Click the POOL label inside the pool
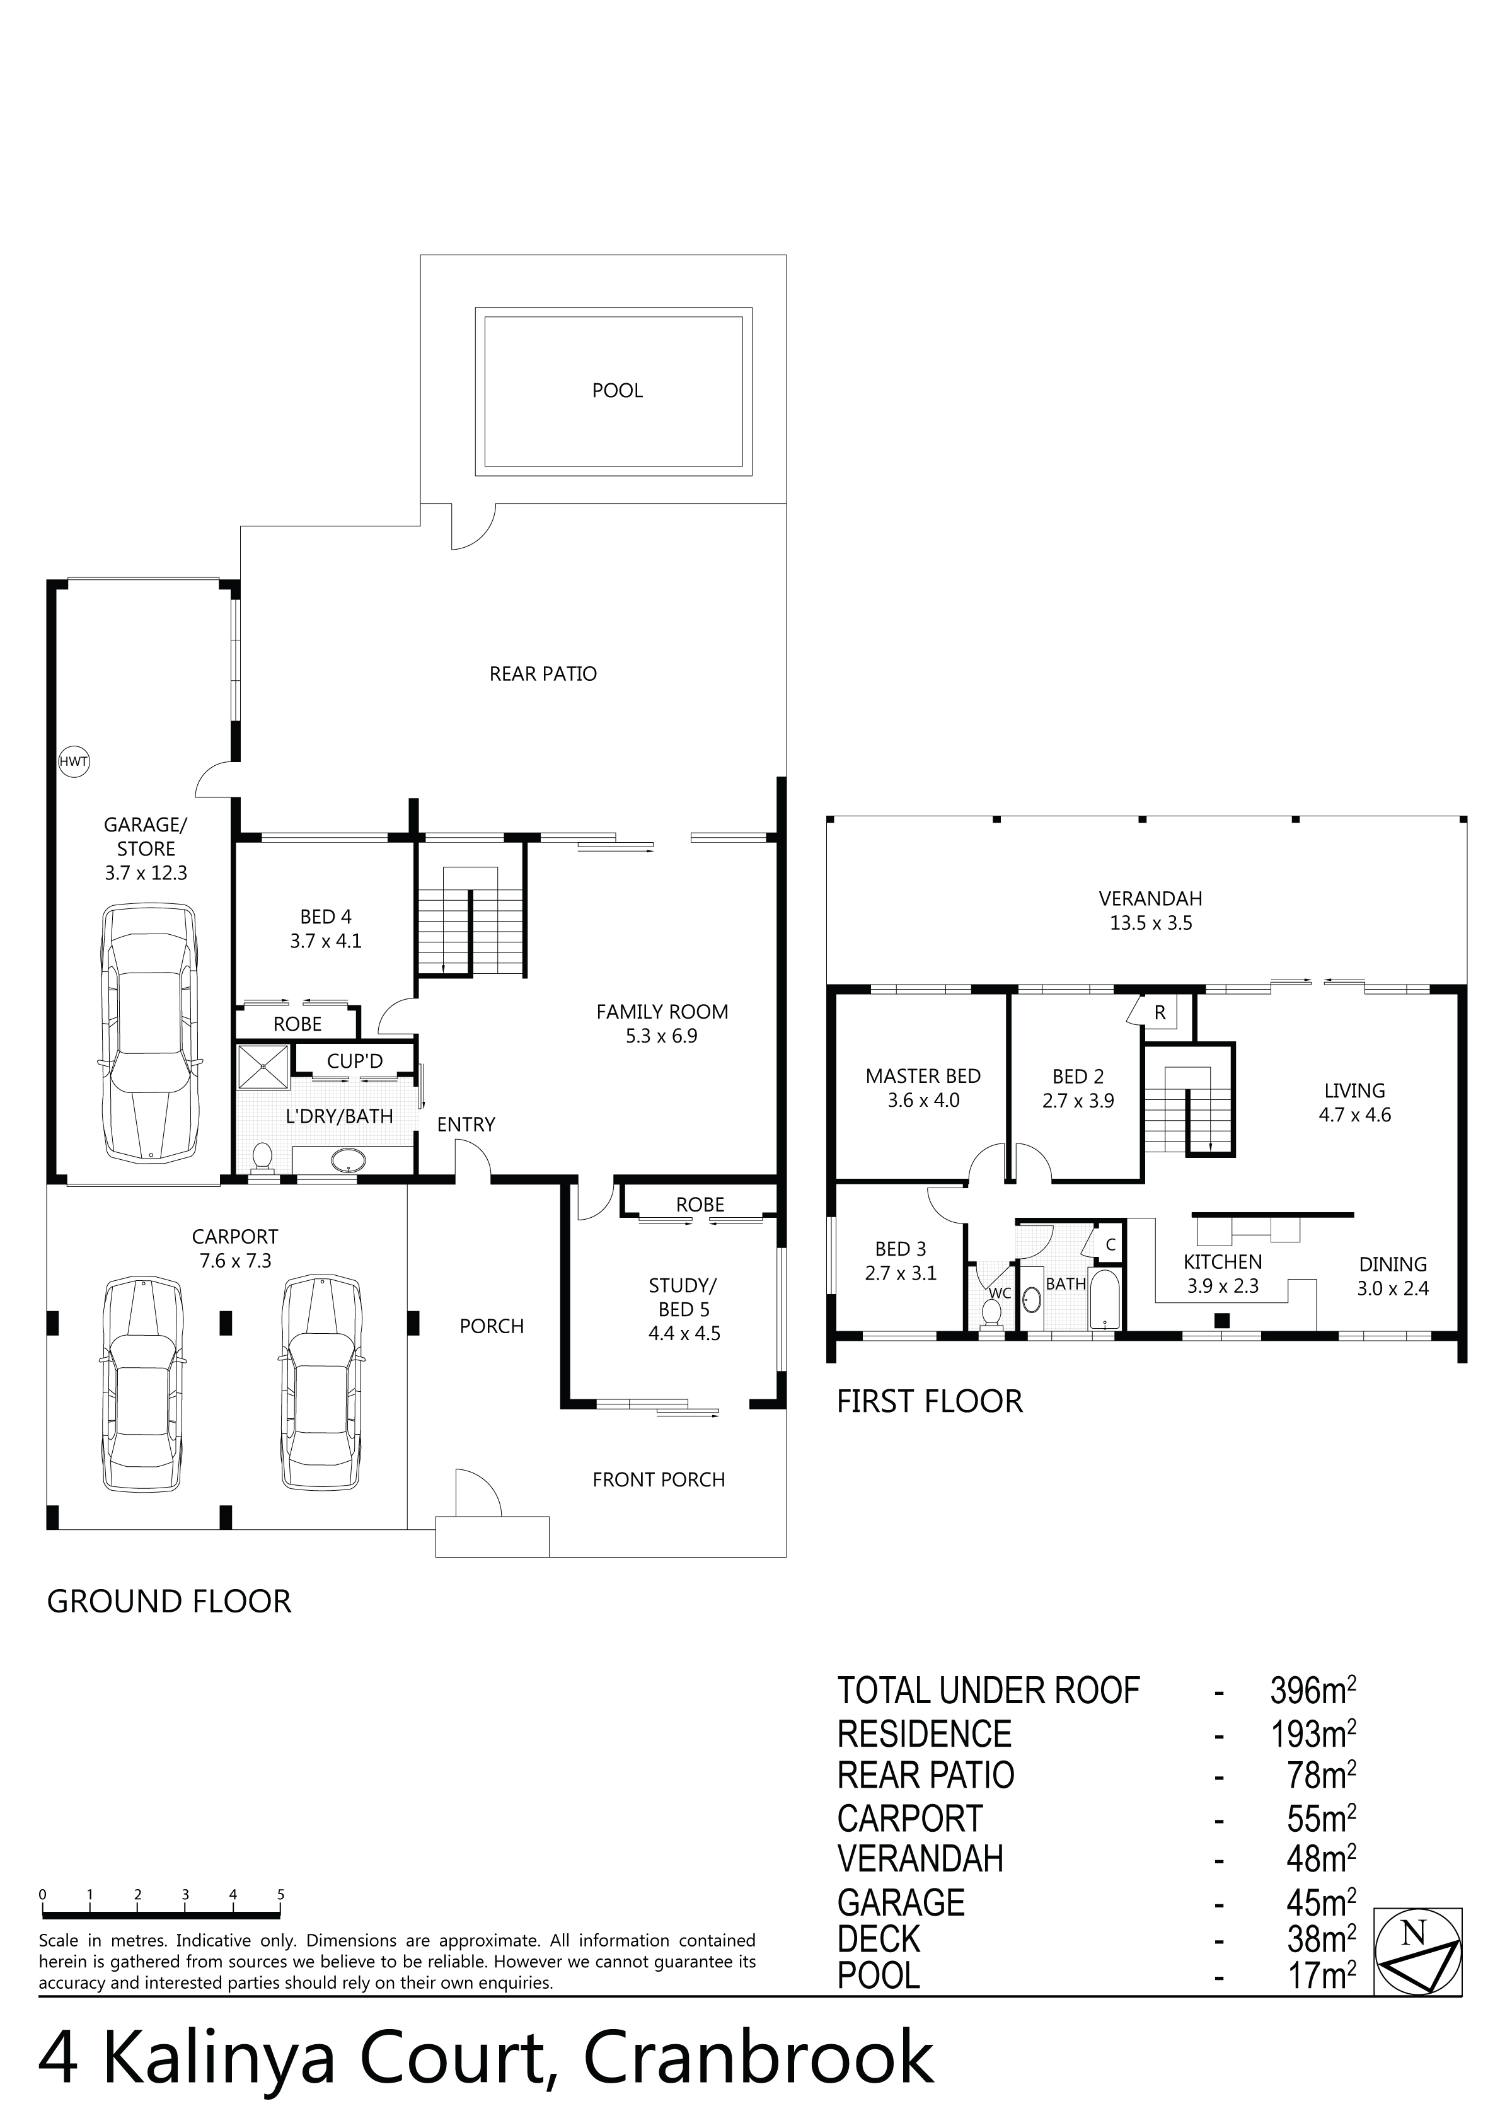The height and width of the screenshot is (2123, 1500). [x=617, y=391]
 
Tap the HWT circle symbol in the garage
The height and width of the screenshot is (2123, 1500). [x=74, y=762]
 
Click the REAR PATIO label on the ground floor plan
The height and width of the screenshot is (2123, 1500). [x=543, y=674]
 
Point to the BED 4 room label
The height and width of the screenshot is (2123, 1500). [x=325, y=917]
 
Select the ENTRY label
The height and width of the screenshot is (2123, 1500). [x=466, y=1125]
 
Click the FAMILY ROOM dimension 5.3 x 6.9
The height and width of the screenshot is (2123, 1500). [x=661, y=1036]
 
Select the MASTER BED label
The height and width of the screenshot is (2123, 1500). [x=923, y=1076]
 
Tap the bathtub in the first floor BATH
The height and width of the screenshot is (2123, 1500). [x=1104, y=1299]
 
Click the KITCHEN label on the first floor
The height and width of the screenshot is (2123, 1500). [x=1223, y=1262]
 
